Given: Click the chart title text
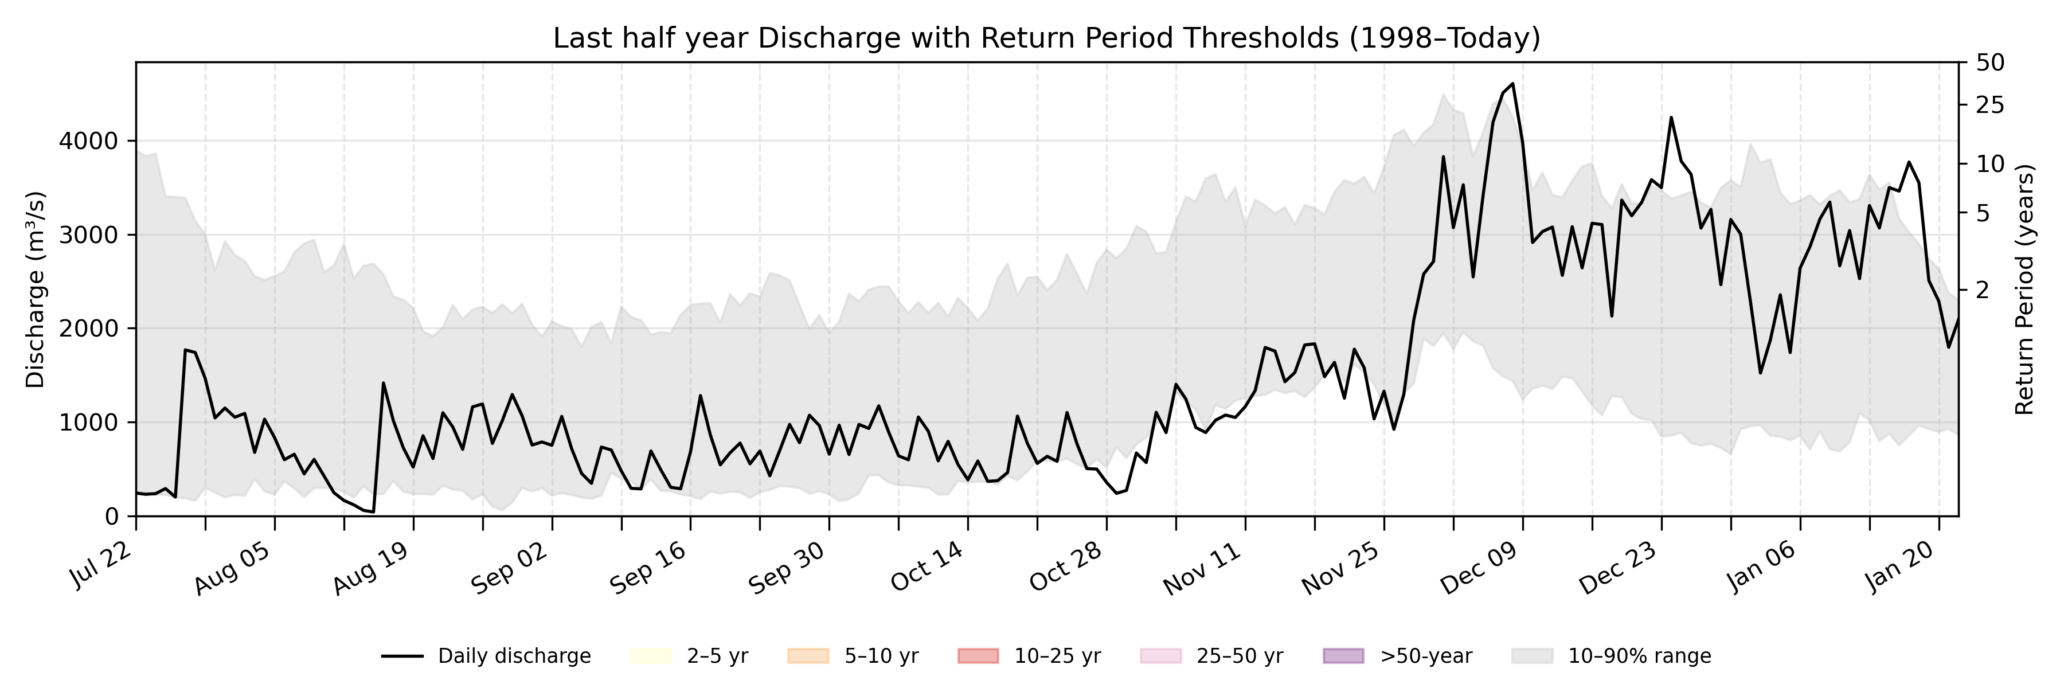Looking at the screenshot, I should (x=1046, y=38).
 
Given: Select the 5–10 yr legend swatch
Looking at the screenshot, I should (x=808, y=656).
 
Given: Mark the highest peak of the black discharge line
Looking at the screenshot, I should (x=1512, y=83).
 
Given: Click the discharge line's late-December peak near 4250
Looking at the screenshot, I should (x=1671, y=118).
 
